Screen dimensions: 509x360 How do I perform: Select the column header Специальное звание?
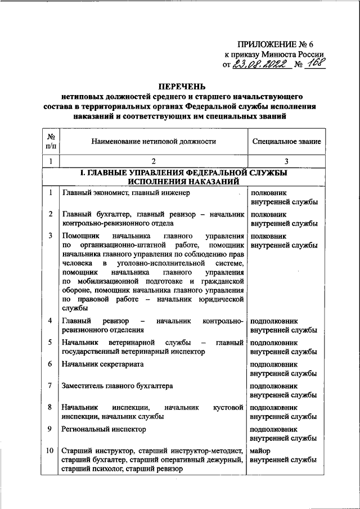[287, 142]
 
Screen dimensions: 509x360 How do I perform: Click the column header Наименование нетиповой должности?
[154, 142]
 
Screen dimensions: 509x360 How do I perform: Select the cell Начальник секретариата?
[103, 364]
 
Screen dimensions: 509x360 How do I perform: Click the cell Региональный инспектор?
[104, 429]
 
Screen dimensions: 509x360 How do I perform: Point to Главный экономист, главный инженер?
[126, 193]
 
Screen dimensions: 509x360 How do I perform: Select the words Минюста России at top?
[299, 55]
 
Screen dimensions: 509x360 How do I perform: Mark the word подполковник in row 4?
[274, 321]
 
